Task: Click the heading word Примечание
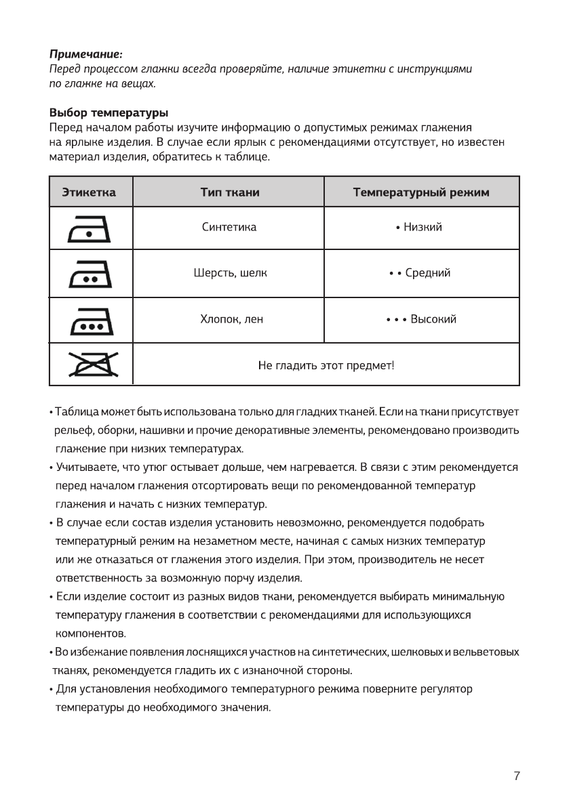[85, 53]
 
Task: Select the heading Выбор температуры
[109, 112]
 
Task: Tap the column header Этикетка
[89, 192]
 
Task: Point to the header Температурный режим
[421, 192]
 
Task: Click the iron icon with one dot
[90, 229]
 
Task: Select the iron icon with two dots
[90, 274]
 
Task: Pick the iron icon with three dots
[90, 321]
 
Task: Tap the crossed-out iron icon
[90, 365]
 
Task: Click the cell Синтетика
[229, 227]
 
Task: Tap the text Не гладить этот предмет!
[326, 366]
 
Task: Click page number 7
[517, 776]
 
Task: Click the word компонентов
[90, 634]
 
